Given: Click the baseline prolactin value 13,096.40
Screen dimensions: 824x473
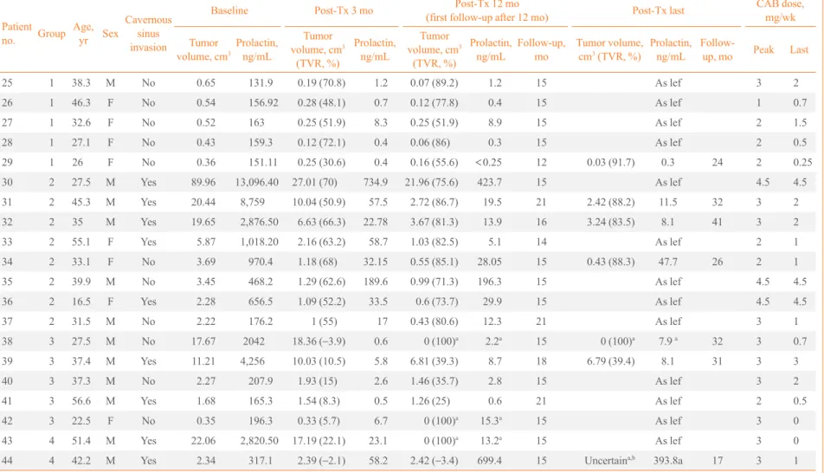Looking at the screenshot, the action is pyautogui.click(x=256, y=182).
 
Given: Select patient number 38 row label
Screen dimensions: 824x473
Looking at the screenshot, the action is pyautogui.click(x=7, y=341).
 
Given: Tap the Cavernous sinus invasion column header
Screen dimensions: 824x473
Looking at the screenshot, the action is pyautogui.click(x=148, y=33).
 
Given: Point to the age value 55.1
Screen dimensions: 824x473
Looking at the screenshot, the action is pyautogui.click(x=81, y=242).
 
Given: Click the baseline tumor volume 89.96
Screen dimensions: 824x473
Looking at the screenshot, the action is pyautogui.click(x=203, y=182).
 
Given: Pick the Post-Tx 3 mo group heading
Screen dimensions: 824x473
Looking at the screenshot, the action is pyautogui.click(x=344, y=10).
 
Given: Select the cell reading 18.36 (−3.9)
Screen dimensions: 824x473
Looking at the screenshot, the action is pyautogui.click(x=319, y=341).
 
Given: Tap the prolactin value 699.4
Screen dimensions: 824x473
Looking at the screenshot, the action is pyautogui.click(x=489, y=460).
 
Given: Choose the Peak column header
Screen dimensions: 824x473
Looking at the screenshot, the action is pyautogui.click(x=763, y=49).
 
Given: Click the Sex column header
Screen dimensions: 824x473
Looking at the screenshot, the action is pyautogui.click(x=111, y=33).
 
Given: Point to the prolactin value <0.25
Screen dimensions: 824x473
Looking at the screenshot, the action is pyautogui.click(x=488, y=162).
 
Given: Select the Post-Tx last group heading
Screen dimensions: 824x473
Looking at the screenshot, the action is pyautogui.click(x=658, y=10).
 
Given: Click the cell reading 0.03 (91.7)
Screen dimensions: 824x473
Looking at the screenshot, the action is pyautogui.click(x=611, y=162).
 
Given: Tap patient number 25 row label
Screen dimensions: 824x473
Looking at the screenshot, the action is pyautogui.click(x=7, y=82).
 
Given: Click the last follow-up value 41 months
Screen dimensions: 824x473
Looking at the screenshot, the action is pyautogui.click(x=718, y=222).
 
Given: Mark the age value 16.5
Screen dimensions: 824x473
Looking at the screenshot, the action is pyautogui.click(x=81, y=301).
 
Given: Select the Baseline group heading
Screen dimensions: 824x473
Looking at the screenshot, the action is pyautogui.click(x=229, y=10).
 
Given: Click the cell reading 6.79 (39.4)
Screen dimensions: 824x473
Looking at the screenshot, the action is pyautogui.click(x=611, y=361).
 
